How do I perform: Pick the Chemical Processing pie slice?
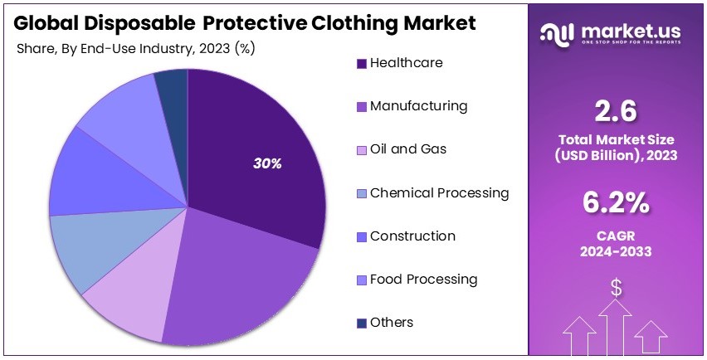[x=83, y=249]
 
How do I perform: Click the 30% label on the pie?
[x=267, y=163]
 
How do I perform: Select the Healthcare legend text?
[x=406, y=63]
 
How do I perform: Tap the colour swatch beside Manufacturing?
[x=361, y=107]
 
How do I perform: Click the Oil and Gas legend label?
[x=407, y=149]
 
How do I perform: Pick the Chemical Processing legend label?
[x=439, y=193]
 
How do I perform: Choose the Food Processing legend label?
[x=423, y=280]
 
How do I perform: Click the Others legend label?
[x=391, y=323]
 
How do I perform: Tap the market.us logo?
[x=611, y=33]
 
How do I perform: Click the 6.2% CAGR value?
[x=616, y=202]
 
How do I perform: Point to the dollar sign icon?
[x=617, y=288]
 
